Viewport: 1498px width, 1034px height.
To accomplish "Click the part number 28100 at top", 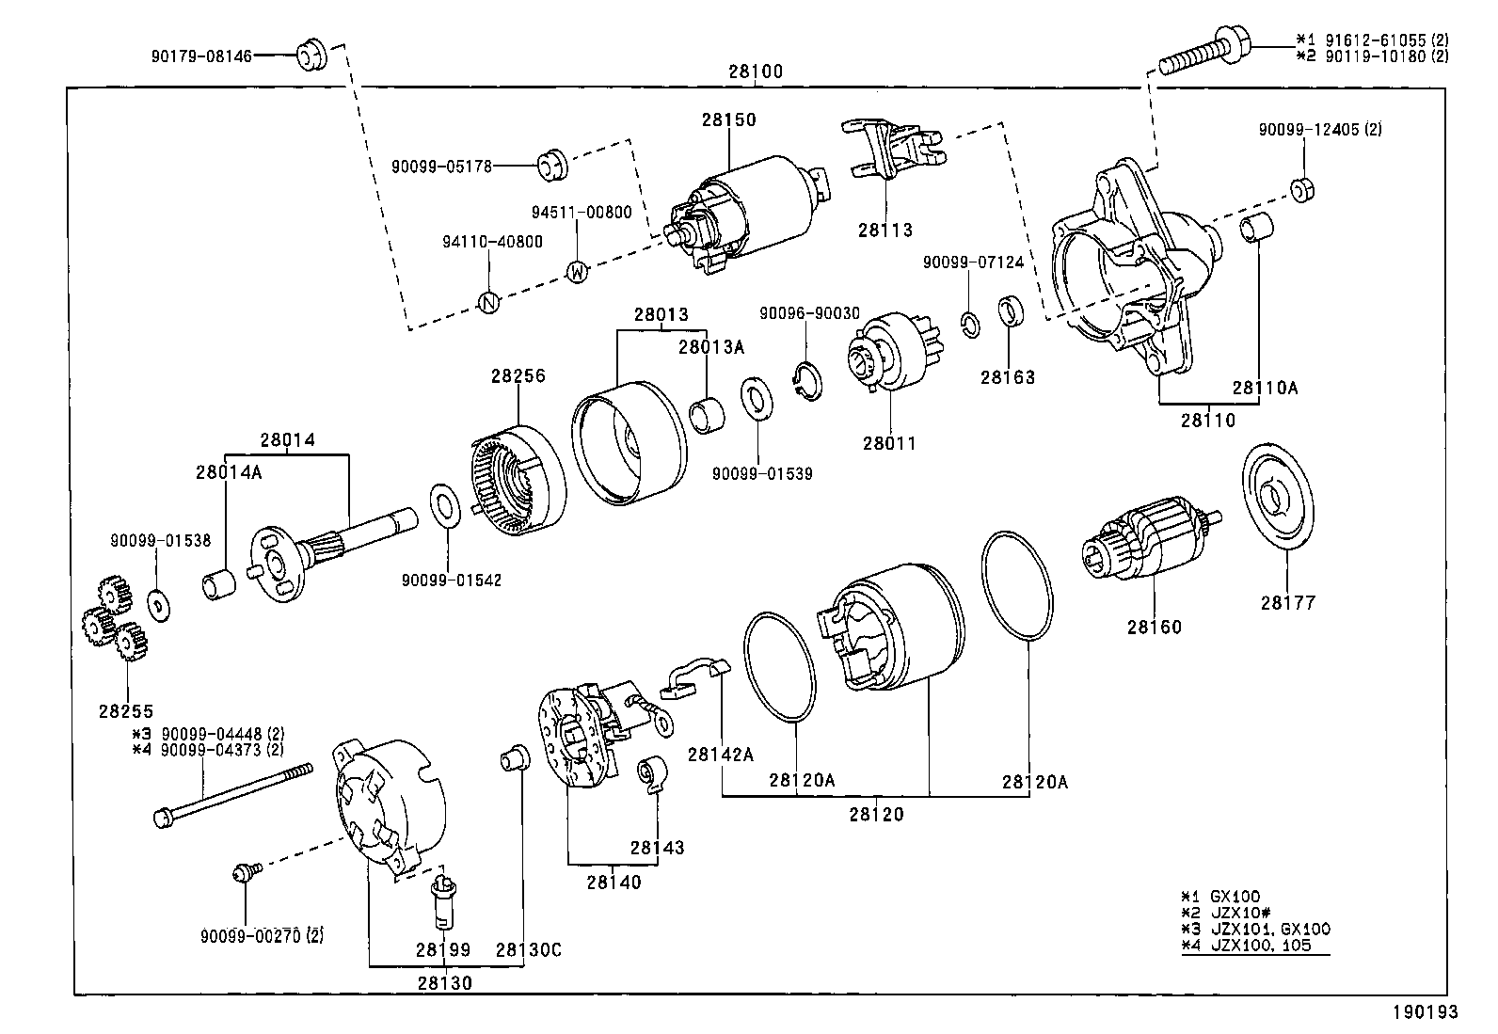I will (755, 72).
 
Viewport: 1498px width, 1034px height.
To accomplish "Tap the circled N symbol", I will (488, 302).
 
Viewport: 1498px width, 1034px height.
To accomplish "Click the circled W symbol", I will (578, 273).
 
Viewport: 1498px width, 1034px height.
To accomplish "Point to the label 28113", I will (884, 230).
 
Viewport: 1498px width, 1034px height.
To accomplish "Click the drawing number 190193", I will (1425, 1012).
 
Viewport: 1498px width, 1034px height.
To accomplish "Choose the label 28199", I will (442, 950).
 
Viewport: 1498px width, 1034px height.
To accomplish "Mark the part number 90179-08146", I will (201, 56).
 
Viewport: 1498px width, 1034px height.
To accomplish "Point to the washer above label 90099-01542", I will (444, 507).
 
